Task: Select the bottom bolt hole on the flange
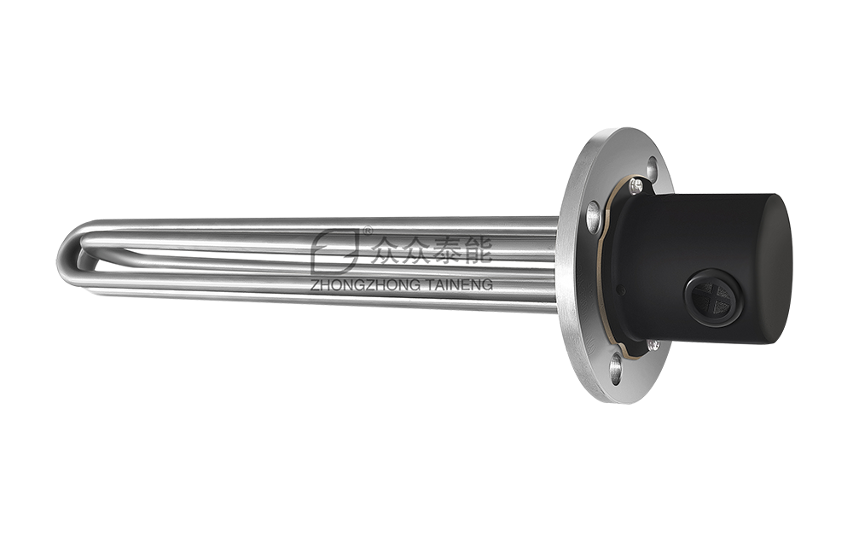(x=615, y=368)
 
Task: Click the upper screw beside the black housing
(x=635, y=184)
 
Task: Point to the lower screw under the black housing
(x=653, y=345)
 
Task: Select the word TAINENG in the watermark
(x=460, y=284)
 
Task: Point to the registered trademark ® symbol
(x=368, y=231)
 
